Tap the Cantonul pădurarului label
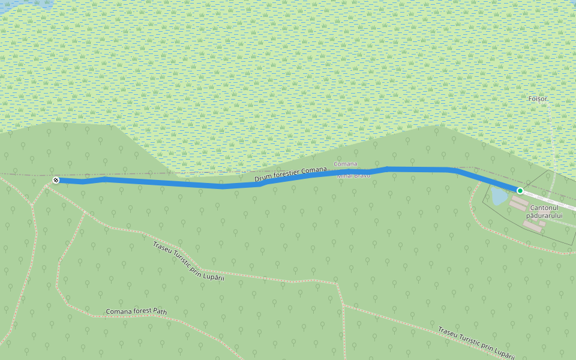click(545, 211)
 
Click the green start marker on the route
click(520, 191)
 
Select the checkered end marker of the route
click(56, 180)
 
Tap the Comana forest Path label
click(136, 311)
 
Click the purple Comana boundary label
click(345, 164)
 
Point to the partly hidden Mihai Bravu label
click(353, 176)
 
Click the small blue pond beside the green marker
click(499, 196)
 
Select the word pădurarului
click(545, 215)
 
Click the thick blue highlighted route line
click(180, 184)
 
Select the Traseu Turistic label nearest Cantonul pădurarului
click(476, 343)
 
